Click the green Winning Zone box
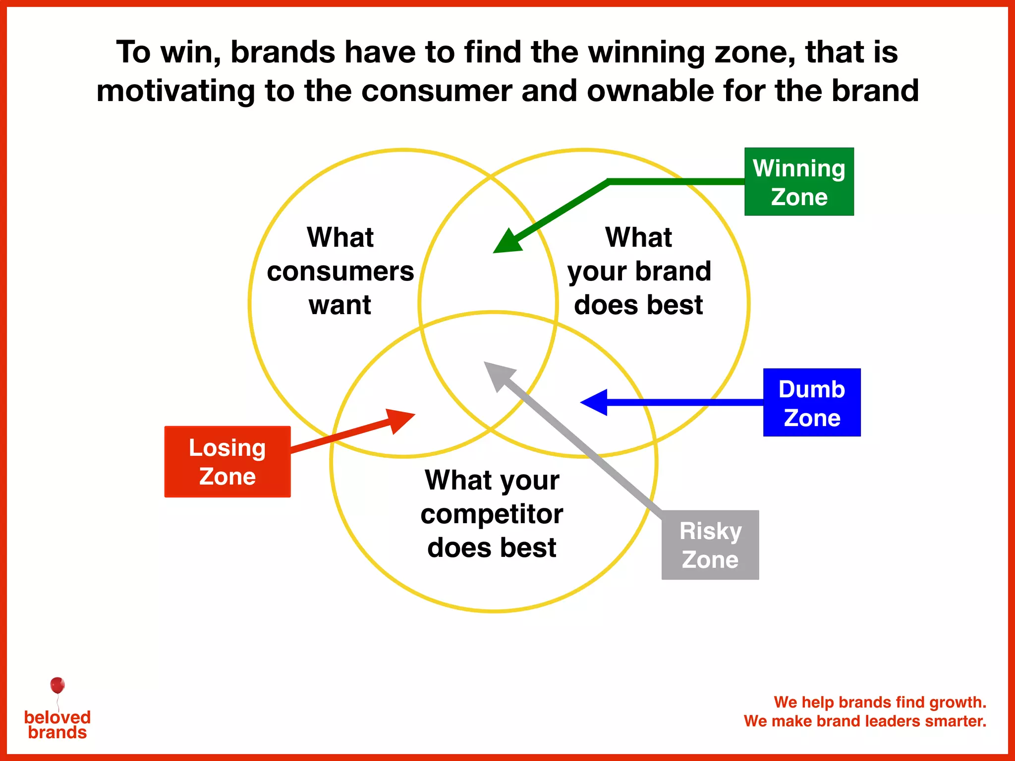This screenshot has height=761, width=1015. click(799, 182)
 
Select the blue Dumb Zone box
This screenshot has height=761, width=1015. click(811, 402)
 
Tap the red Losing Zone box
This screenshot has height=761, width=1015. click(227, 462)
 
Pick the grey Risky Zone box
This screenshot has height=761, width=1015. click(710, 545)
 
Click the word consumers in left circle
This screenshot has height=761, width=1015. click(340, 272)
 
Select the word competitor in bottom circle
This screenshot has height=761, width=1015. click(492, 514)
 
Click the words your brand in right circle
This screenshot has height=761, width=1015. click(639, 272)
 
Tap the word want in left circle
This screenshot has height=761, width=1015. click(340, 304)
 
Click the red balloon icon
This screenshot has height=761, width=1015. click(57, 686)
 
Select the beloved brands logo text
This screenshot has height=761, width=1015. click(57, 725)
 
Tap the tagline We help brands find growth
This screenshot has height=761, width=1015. click(880, 702)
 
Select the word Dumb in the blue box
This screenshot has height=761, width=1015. click(811, 389)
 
